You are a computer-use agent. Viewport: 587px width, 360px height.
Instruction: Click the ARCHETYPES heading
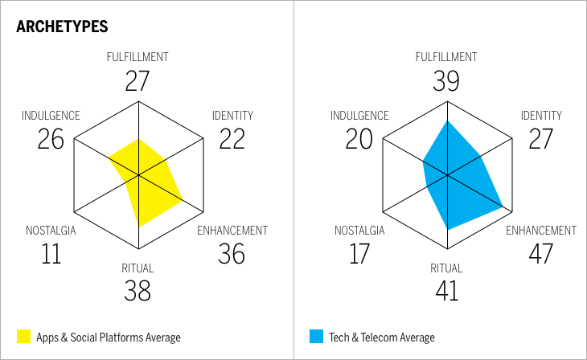click(x=62, y=27)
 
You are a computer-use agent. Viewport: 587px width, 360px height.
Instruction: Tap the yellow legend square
click(x=23, y=337)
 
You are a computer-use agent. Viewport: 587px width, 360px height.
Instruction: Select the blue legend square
click(x=316, y=337)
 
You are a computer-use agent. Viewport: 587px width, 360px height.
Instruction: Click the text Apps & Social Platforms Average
click(x=109, y=337)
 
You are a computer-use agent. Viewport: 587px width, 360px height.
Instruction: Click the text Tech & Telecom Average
click(x=382, y=337)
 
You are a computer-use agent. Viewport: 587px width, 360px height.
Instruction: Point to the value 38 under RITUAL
click(x=138, y=290)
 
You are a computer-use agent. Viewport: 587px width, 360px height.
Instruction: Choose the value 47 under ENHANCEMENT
click(x=540, y=253)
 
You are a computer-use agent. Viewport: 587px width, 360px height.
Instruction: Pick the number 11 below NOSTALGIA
click(x=51, y=253)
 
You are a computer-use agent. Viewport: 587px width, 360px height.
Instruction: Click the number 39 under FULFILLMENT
click(x=446, y=80)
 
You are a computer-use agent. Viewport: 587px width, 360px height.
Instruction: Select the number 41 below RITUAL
click(x=446, y=290)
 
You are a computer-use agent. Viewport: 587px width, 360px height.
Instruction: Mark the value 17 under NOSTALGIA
click(x=359, y=253)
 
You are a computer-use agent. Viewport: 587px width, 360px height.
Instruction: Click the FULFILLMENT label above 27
click(x=138, y=57)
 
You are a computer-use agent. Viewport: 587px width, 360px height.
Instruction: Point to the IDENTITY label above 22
click(x=232, y=116)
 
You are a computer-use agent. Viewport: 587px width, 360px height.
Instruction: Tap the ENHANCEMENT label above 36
click(x=232, y=231)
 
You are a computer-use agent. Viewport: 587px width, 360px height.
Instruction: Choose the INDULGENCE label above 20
click(x=359, y=116)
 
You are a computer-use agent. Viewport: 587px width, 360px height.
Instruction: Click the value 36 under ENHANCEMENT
click(x=232, y=253)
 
